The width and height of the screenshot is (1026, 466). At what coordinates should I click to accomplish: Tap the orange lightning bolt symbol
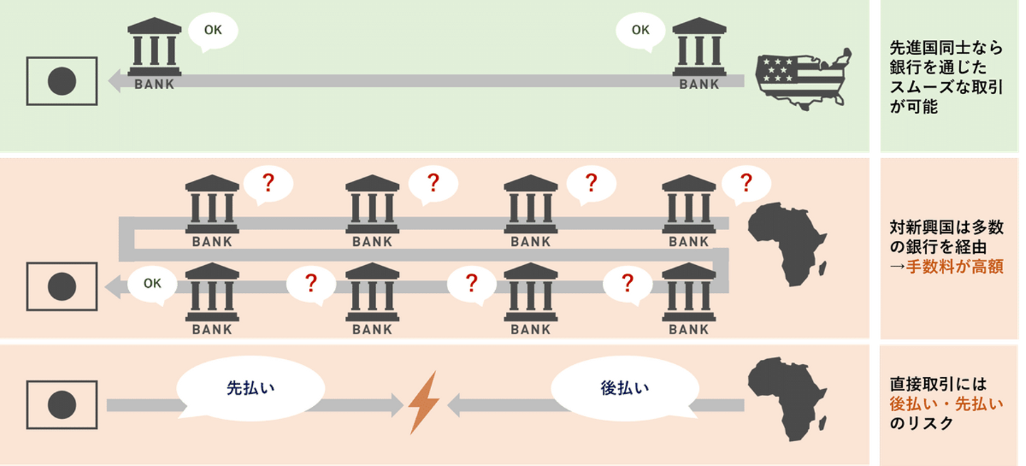tap(423, 404)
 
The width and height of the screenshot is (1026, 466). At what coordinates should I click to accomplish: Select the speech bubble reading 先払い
tap(250, 388)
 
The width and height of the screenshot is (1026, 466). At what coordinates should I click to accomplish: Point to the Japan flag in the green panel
tap(62, 81)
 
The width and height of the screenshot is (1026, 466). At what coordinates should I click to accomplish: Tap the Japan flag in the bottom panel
tap(62, 405)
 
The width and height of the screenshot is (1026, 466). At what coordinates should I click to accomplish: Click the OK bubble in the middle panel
tap(152, 284)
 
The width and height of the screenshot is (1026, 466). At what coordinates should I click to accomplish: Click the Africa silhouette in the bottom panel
tap(787, 399)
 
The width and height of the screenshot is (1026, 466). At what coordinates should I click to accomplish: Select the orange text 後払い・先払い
tap(946, 404)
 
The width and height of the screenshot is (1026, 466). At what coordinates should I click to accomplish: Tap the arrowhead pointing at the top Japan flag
tap(114, 81)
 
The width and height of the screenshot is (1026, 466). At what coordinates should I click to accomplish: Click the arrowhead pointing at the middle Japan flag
tap(113, 286)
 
